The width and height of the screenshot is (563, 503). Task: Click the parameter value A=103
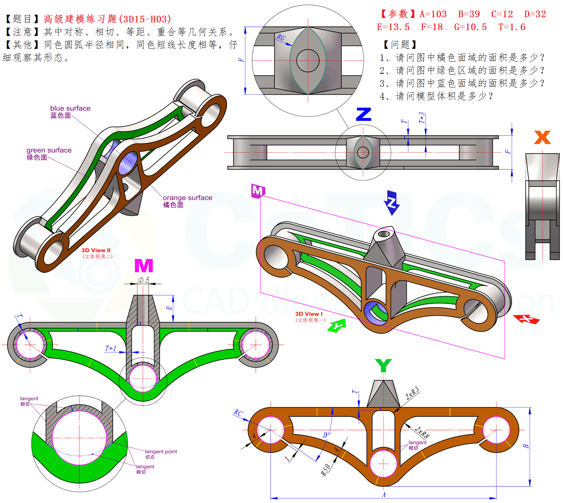click(433, 14)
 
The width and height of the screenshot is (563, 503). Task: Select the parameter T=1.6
click(512, 27)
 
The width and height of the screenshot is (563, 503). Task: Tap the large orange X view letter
click(542, 137)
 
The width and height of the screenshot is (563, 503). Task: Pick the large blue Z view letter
click(363, 114)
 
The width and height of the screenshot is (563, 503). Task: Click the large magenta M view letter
click(144, 265)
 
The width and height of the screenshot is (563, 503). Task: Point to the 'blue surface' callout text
click(70, 108)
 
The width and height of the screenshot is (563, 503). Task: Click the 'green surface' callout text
click(49, 150)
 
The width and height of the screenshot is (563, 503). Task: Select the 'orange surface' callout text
click(187, 198)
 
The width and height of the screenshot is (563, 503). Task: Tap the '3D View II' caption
click(96, 250)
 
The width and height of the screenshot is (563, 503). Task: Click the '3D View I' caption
click(309, 314)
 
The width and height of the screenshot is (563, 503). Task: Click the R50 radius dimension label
click(326, 470)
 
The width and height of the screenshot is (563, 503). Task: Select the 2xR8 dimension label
click(422, 433)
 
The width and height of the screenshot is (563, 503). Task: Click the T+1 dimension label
click(111, 348)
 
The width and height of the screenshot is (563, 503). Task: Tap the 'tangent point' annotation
click(161, 452)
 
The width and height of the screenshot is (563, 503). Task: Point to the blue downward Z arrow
click(392, 203)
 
